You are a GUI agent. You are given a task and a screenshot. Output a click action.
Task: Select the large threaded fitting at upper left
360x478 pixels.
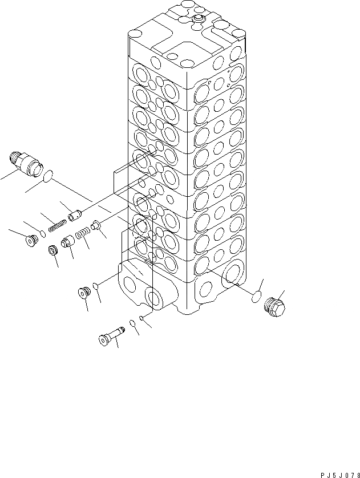(x=27, y=161)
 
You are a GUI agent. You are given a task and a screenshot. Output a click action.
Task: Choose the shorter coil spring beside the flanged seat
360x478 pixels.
(x=83, y=234)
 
